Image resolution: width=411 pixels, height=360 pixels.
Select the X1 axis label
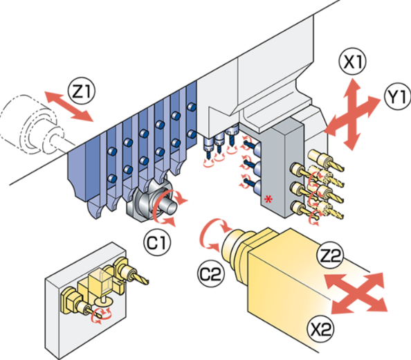(x=353, y=62)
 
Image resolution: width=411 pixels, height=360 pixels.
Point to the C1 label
(x=157, y=243)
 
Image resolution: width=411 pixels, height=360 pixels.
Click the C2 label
(x=211, y=274)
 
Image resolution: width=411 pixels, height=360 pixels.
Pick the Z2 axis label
(x=329, y=256)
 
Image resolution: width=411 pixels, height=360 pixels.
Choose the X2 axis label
(x=320, y=328)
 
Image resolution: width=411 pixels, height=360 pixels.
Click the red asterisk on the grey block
(x=268, y=199)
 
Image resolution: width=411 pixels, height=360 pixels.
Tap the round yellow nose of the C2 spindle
(x=235, y=245)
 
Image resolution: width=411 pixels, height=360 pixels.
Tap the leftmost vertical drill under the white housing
(x=209, y=148)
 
